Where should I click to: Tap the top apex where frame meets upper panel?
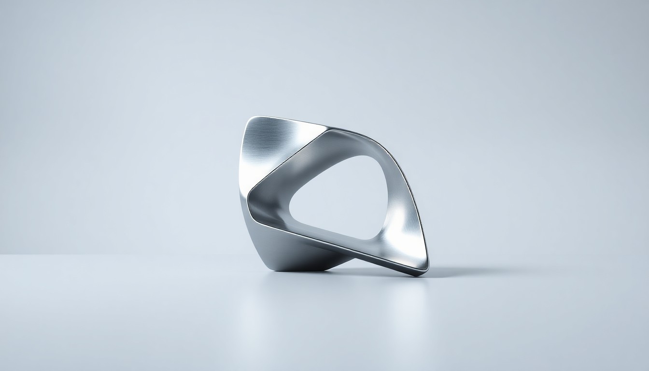point(328,129)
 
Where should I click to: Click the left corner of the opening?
point(293,213)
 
